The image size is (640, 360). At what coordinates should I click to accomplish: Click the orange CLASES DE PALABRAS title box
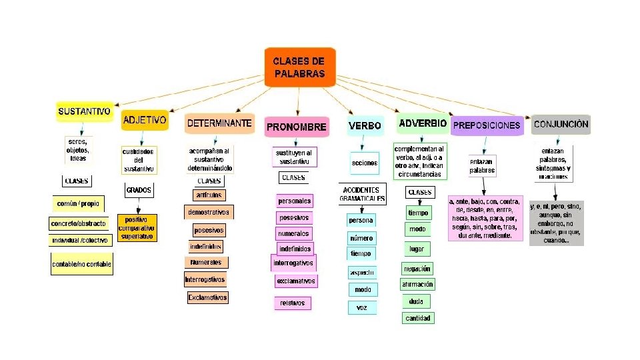299,67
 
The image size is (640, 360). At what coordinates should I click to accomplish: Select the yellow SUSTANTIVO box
84,111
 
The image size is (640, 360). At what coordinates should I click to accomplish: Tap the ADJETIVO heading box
144,121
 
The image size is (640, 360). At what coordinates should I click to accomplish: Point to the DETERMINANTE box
219,123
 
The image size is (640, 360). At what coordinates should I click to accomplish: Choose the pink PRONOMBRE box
297,126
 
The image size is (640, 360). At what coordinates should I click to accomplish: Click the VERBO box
365,125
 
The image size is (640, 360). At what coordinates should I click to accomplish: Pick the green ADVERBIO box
422,123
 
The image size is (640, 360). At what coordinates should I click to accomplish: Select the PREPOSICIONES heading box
486,125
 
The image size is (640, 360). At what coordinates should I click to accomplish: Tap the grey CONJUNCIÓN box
561,124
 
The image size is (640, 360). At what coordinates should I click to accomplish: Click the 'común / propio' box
79,202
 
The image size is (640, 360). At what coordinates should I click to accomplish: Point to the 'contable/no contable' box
82,264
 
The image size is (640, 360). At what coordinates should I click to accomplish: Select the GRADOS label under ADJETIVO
139,190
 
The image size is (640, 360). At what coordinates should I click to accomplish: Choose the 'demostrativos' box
209,212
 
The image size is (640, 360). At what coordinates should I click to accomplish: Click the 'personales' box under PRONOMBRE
294,201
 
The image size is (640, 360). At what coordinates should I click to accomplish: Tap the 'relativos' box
292,303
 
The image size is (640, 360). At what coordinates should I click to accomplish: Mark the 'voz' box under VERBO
362,307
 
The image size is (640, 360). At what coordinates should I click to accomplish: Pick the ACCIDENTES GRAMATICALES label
363,194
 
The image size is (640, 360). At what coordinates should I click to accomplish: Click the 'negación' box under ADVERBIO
417,268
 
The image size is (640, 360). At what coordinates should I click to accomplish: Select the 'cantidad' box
418,318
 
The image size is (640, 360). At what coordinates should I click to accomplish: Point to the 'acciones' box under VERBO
364,163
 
